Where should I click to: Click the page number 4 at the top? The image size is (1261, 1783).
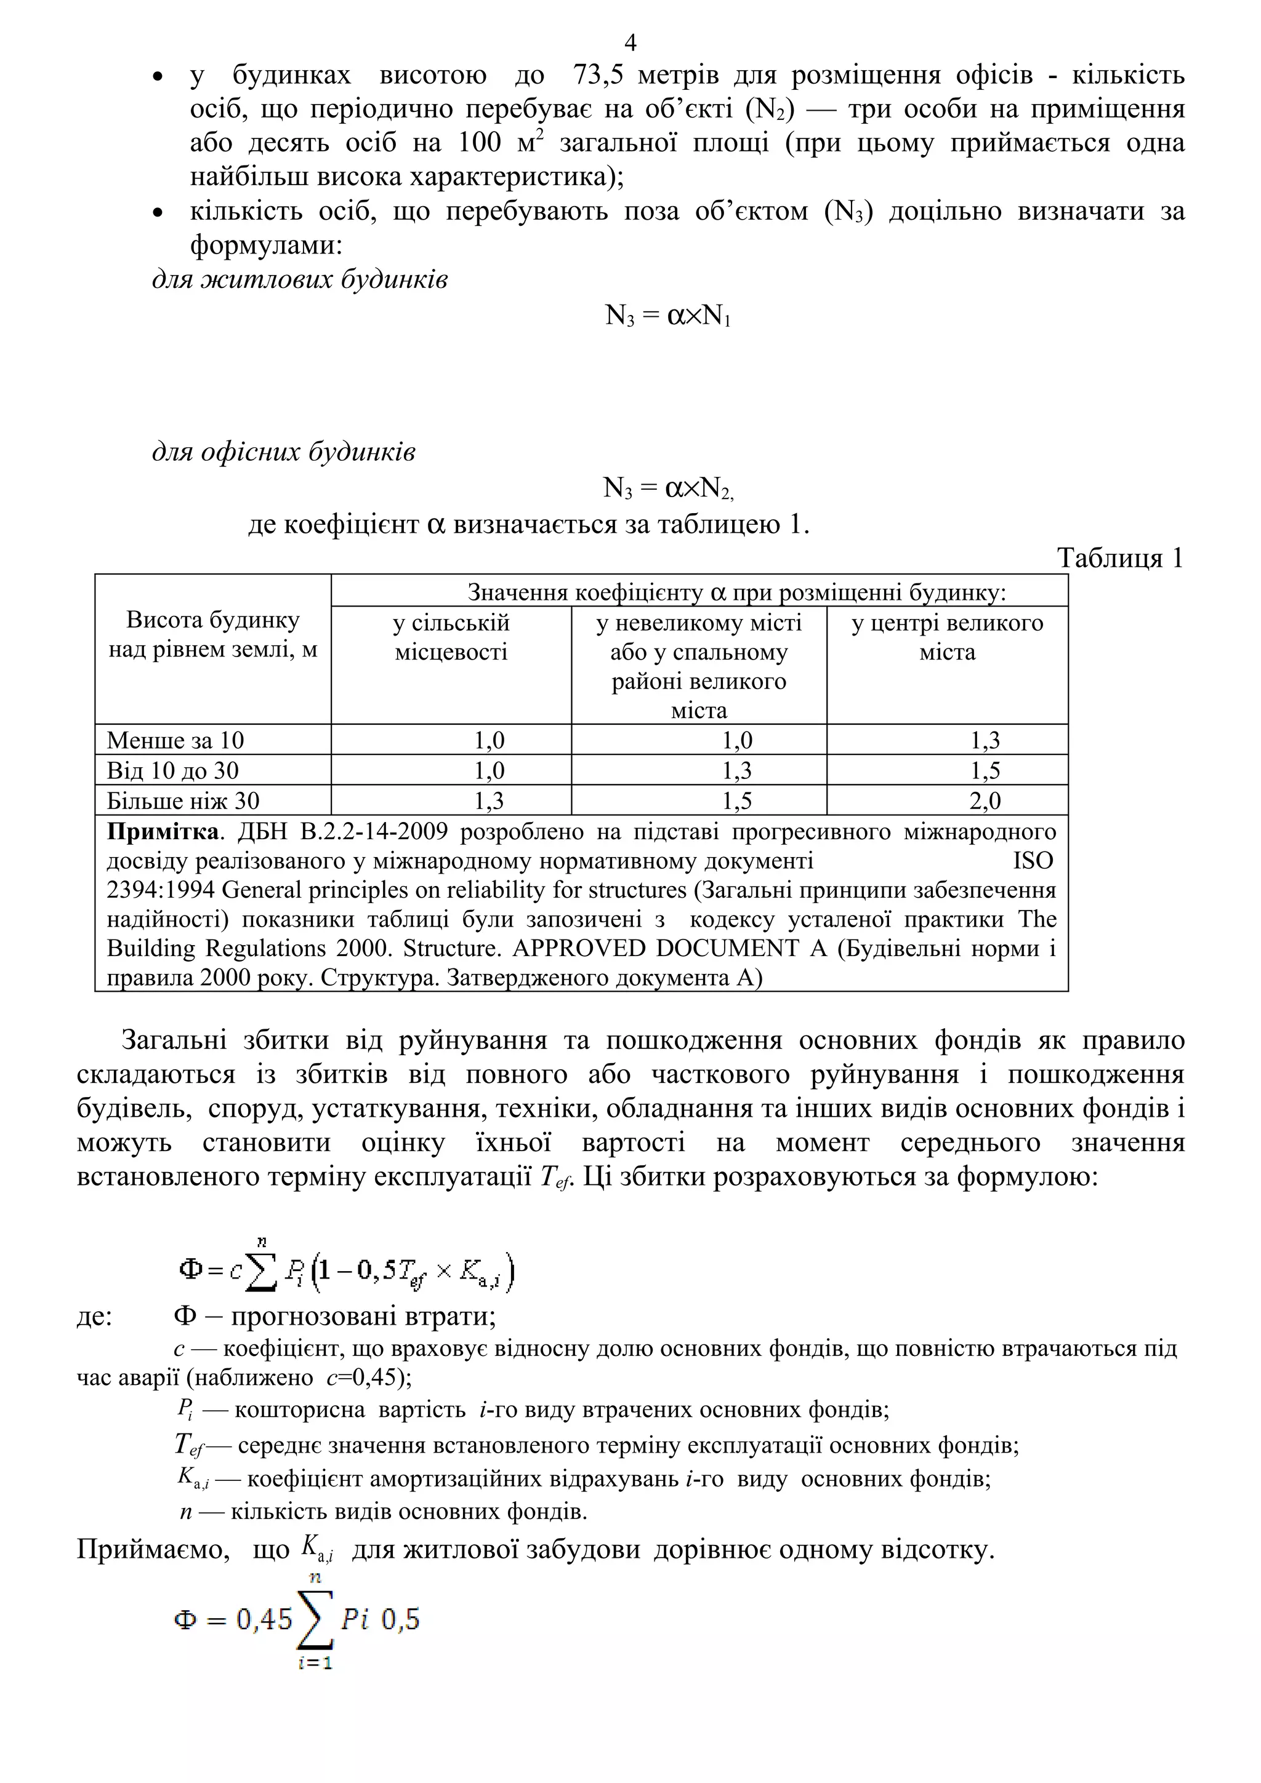pyautogui.click(x=630, y=42)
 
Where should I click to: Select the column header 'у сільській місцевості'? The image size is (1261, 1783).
pyautogui.click(x=451, y=637)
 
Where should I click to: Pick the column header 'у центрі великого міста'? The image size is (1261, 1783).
pyautogui.click(x=946, y=637)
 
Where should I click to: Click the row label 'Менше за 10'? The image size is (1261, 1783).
pyautogui.click(x=175, y=740)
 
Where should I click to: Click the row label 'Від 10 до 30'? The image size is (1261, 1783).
pyautogui.click(x=172, y=770)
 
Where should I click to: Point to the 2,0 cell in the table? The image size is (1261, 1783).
pyautogui.click(x=985, y=800)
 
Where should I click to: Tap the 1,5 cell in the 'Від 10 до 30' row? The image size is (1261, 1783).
pyautogui.click(x=985, y=770)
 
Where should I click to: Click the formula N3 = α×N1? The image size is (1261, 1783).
pyautogui.click(x=667, y=316)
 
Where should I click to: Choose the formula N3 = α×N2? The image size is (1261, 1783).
pyautogui.click(x=667, y=489)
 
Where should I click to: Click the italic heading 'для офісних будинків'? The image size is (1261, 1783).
pyautogui.click(x=284, y=452)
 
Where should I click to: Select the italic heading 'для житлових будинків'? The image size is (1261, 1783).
pyautogui.click(x=300, y=279)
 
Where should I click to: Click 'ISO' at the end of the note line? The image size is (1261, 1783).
pyautogui.click(x=1033, y=861)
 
